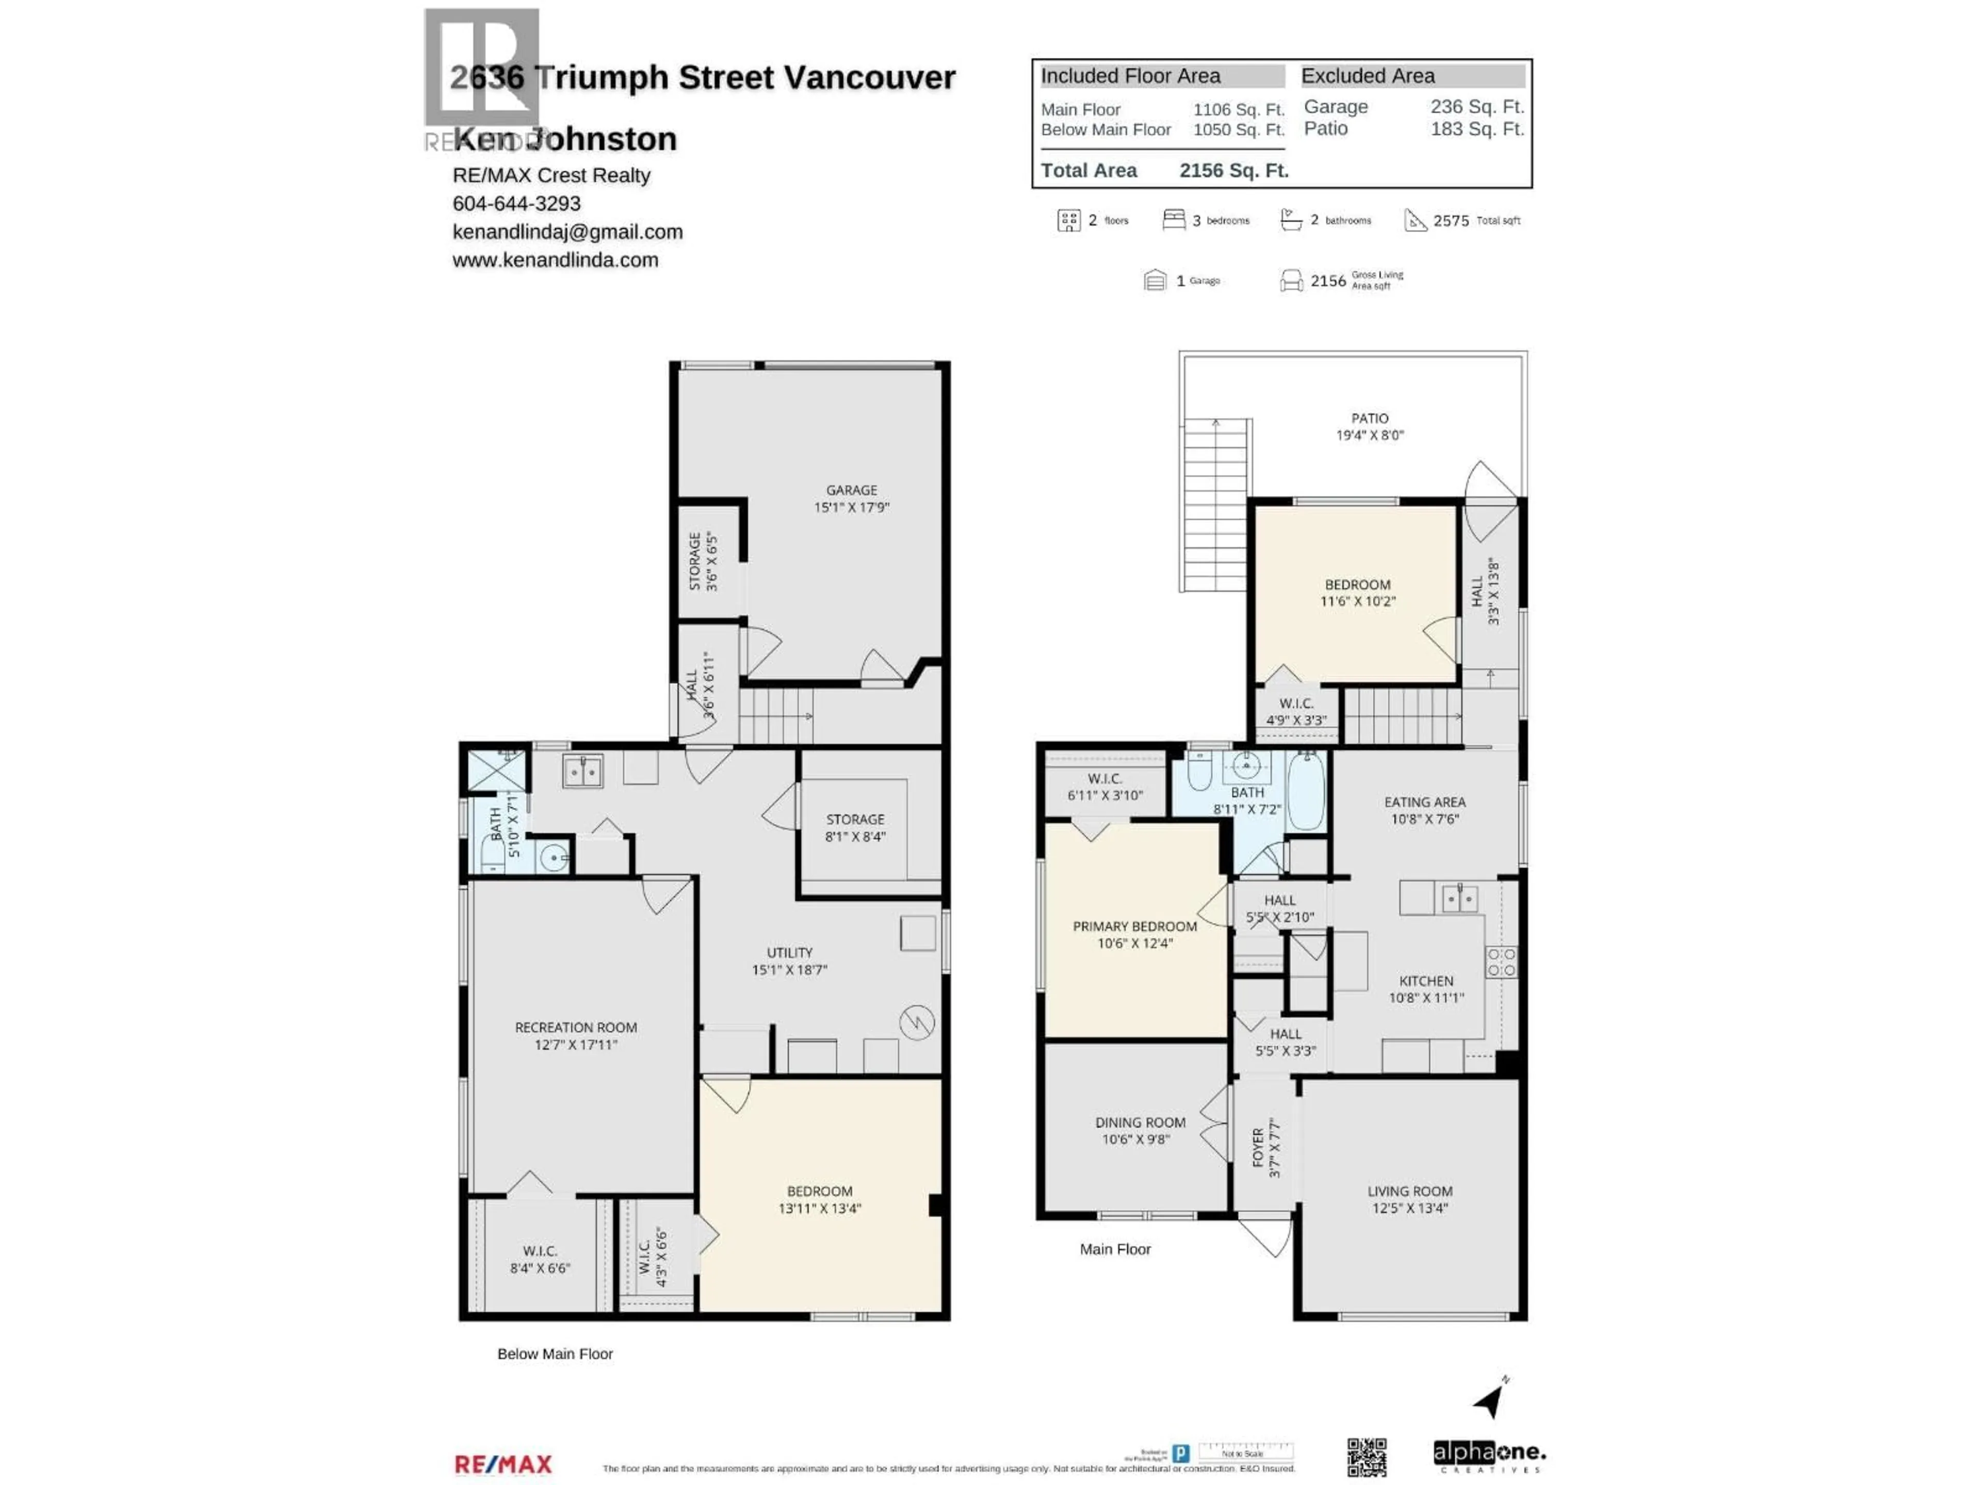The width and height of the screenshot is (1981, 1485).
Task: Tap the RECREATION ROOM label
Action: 576,1028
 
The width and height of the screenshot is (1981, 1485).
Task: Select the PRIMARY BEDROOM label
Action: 1134,927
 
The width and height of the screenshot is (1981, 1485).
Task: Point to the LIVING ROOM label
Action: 1409,1192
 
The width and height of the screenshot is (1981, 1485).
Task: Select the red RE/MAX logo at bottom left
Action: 504,1464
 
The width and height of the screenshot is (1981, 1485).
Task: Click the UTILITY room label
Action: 789,952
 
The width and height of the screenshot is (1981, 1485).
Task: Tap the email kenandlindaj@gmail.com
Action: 567,232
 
